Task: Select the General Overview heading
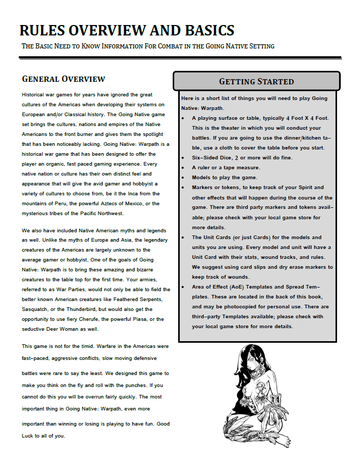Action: pos(64,79)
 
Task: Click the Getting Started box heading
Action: pos(256,81)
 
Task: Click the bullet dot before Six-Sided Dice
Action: pos(184,157)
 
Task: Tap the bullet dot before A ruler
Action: pos(184,168)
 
